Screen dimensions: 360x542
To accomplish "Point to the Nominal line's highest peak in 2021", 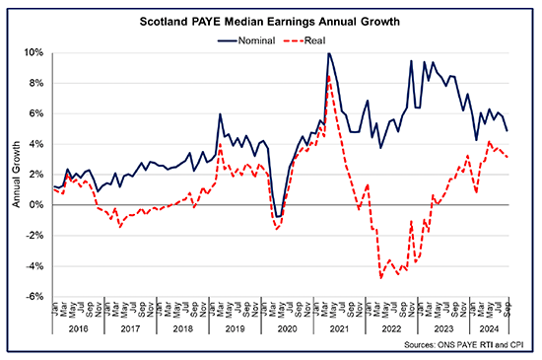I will click(x=328, y=53).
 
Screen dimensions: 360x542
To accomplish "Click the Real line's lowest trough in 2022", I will click(x=380, y=278).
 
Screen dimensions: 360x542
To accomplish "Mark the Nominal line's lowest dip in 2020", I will click(x=278, y=216).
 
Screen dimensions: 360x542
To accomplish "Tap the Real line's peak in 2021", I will click(x=328, y=76).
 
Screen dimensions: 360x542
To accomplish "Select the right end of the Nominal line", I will click(x=507, y=130).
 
